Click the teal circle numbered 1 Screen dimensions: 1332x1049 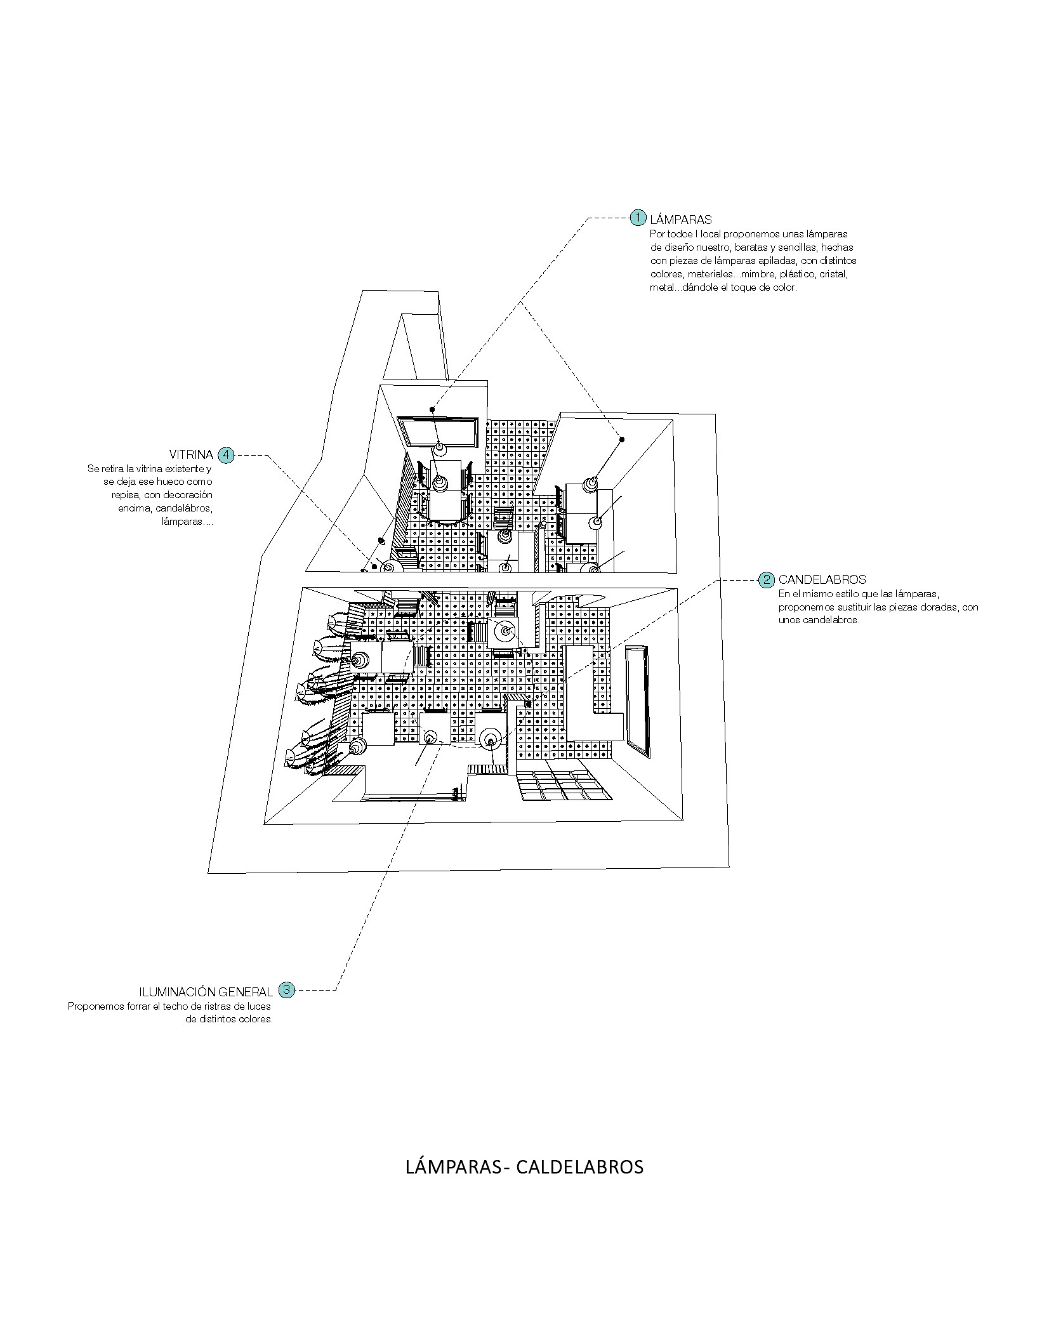coord(638,218)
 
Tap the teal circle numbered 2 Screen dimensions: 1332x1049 coord(767,579)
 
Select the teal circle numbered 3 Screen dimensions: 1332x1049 coord(287,989)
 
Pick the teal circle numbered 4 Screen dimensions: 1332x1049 coord(226,455)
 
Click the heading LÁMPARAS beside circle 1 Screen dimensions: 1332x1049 coord(681,220)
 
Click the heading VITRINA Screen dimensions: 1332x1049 coord(191,455)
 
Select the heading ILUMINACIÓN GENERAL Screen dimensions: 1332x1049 coord(206,991)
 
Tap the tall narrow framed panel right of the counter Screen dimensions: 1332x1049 coord(637,701)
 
